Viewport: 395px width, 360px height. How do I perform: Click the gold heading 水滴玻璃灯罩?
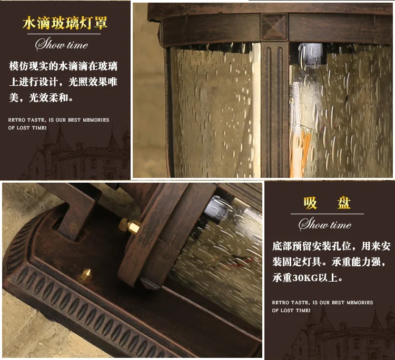click(x=65, y=23)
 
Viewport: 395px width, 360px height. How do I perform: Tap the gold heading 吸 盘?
click(x=327, y=203)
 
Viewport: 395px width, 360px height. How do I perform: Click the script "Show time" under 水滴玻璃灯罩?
click(x=62, y=44)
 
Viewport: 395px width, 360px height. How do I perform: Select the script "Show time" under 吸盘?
click(x=325, y=224)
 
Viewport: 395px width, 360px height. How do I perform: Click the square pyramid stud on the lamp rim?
click(x=274, y=26)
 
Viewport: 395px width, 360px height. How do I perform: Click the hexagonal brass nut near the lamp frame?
click(x=130, y=226)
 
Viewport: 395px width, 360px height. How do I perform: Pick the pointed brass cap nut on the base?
click(x=86, y=275)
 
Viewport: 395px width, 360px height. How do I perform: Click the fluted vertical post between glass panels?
click(x=274, y=109)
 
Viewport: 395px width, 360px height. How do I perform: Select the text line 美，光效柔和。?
click(x=41, y=97)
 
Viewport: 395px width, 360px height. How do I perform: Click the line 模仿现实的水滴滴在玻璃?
click(x=63, y=66)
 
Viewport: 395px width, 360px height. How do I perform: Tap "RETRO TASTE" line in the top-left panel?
click(x=58, y=120)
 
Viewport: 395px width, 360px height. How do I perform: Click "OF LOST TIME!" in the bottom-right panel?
click(x=291, y=311)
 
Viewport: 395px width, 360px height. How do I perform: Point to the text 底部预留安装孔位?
click(x=312, y=246)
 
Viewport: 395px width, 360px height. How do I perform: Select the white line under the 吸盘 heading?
click(x=327, y=214)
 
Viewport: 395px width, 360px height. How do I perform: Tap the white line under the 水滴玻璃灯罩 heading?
click(x=64, y=34)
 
